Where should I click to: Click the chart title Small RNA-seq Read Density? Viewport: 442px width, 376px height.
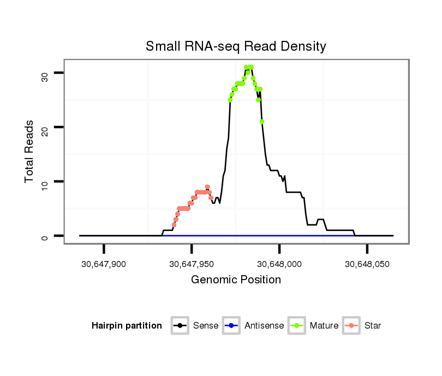(236, 46)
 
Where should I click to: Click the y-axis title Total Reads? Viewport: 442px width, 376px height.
(29, 151)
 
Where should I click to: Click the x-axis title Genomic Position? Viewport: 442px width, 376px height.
(236, 280)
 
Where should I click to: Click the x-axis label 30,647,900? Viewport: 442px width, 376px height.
(104, 264)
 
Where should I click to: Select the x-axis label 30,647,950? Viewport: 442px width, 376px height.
(192, 264)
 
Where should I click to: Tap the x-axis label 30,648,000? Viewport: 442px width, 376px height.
(279, 264)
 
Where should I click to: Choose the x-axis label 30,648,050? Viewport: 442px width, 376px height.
(367, 264)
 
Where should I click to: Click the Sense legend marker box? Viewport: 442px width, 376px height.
(180, 326)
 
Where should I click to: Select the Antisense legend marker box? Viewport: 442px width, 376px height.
(231, 326)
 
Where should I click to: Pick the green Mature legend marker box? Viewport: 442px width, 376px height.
(297, 326)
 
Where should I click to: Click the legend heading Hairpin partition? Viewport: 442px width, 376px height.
(127, 326)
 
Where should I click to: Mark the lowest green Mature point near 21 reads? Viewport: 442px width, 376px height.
(262, 122)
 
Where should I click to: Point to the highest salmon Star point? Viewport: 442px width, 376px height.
(207, 187)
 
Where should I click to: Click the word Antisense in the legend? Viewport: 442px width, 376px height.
(264, 326)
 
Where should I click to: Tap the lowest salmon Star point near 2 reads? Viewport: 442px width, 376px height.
(174, 225)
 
